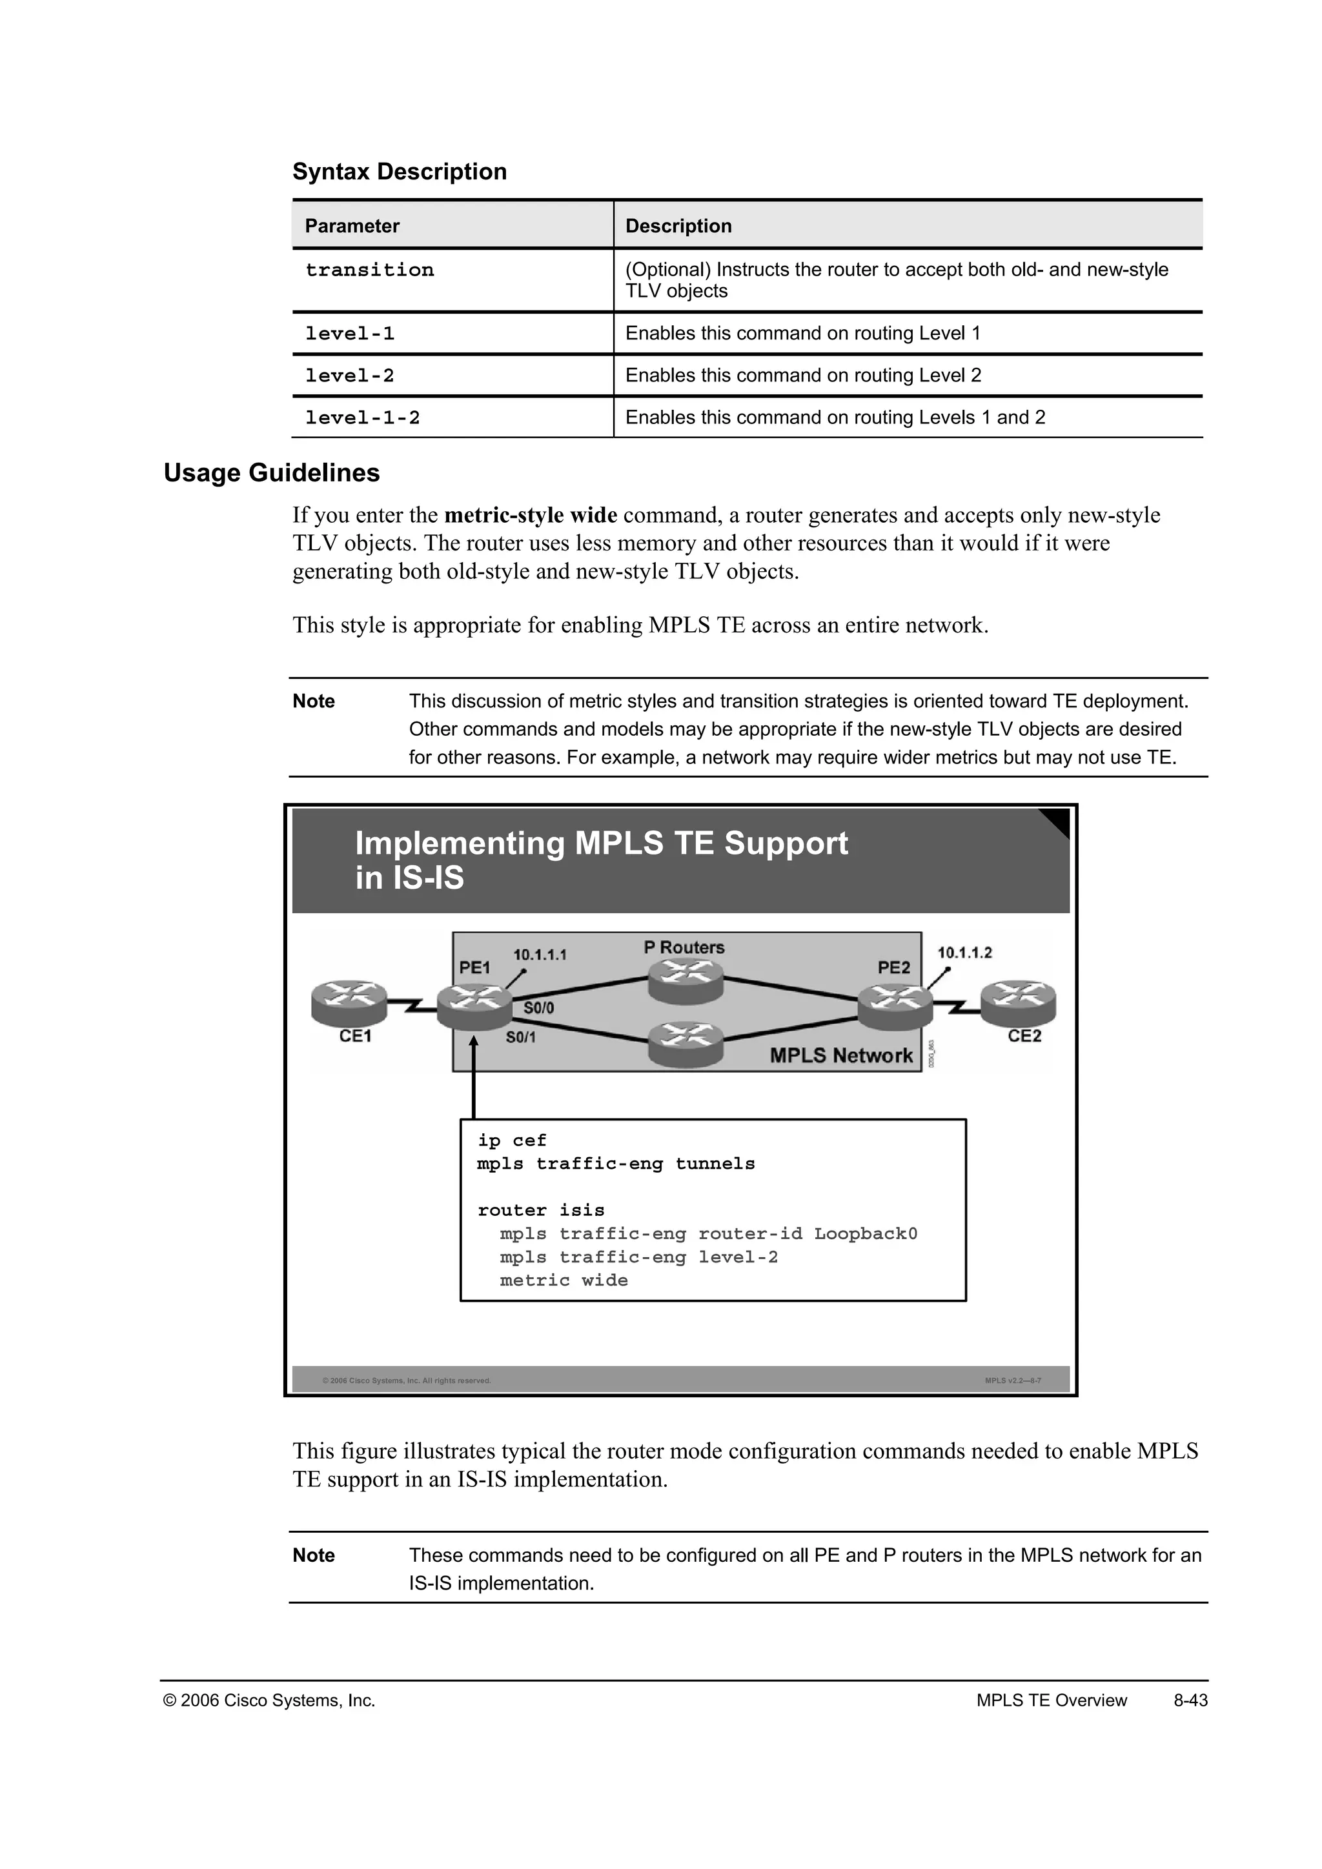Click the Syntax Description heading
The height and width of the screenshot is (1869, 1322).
[399, 172]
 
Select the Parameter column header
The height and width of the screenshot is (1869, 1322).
[352, 227]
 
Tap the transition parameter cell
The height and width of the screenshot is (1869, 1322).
[370, 270]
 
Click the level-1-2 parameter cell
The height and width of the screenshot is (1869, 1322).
[362, 418]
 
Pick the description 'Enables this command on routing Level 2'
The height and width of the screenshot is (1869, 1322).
[802, 375]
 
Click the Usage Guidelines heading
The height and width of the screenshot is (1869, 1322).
[271, 473]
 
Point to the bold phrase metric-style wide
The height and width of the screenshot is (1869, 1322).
[530, 515]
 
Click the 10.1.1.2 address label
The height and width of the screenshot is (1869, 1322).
[964, 953]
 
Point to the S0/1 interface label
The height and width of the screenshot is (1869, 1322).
[520, 1037]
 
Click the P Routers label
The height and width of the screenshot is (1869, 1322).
[684, 947]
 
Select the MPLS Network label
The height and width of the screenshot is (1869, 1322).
[841, 1056]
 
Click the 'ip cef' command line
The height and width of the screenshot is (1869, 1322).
[511, 1140]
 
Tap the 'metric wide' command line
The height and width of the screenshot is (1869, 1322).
[564, 1280]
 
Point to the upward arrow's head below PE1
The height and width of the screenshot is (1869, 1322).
[474, 1042]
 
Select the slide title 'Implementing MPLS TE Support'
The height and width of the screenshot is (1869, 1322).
[601, 844]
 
